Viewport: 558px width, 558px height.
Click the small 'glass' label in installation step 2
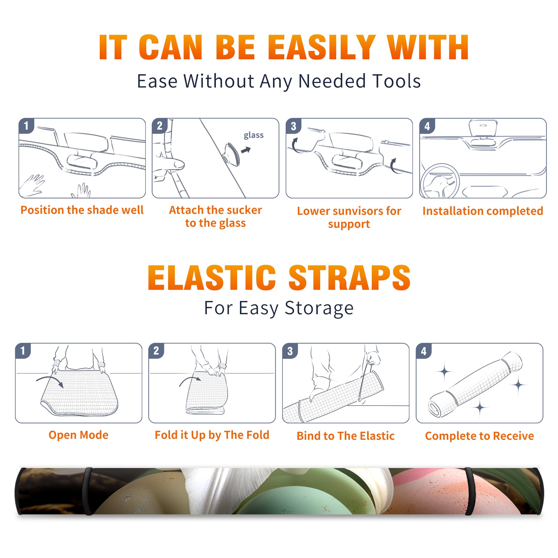coord(254,135)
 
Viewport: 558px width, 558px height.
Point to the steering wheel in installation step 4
coord(440,181)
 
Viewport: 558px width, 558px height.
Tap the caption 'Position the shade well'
coord(82,210)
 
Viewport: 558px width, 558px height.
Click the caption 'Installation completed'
coord(483,211)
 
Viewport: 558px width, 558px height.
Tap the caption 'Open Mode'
coord(78,435)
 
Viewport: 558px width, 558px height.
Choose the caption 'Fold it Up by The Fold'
coord(212,435)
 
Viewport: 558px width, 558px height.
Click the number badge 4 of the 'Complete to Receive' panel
coord(424,351)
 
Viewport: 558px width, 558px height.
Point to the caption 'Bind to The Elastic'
coord(346,436)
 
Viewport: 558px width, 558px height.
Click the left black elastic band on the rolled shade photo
coord(88,491)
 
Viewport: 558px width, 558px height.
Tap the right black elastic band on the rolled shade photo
coord(469,491)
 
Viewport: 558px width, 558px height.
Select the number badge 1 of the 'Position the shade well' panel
coord(26,126)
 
